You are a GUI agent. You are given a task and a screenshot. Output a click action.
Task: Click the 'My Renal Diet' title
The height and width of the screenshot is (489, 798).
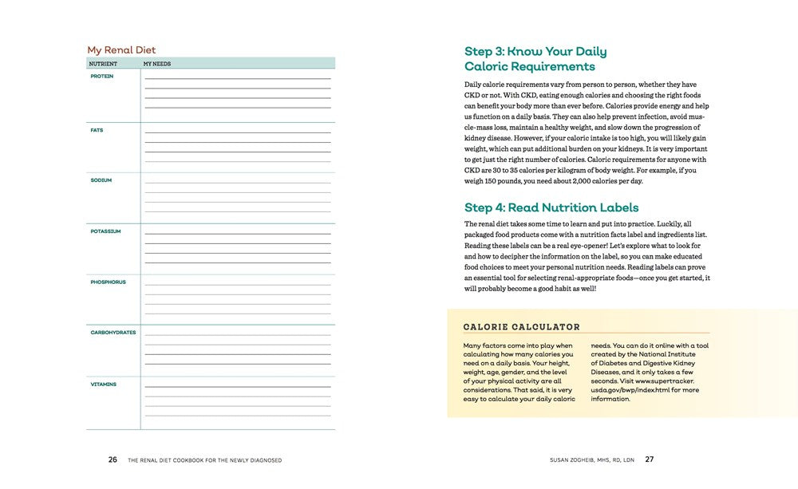(121, 50)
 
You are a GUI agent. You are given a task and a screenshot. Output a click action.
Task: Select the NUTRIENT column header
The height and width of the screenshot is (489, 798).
(103, 64)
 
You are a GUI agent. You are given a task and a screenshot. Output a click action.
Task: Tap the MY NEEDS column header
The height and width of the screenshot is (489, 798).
(157, 64)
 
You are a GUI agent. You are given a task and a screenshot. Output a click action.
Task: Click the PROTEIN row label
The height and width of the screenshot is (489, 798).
(102, 77)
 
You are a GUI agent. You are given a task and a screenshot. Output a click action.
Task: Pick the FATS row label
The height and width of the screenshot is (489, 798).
(97, 130)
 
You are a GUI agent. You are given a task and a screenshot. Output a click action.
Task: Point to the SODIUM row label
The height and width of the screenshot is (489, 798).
(101, 180)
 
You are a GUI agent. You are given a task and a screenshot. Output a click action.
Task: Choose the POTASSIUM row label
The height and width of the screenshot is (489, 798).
(105, 231)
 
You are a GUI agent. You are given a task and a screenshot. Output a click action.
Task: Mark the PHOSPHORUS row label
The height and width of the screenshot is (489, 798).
(108, 282)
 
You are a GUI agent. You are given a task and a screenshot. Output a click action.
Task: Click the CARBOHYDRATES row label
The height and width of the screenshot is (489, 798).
(113, 333)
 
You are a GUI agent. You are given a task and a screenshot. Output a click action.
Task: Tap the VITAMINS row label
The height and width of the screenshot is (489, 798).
(104, 384)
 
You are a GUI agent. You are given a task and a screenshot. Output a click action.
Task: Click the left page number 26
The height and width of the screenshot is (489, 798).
(113, 459)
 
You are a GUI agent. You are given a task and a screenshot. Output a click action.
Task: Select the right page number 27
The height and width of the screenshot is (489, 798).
(650, 459)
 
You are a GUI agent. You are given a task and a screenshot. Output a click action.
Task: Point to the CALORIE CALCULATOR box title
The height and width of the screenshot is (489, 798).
(522, 327)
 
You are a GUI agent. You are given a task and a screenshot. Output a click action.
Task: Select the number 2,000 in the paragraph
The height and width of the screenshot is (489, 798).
(564, 181)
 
